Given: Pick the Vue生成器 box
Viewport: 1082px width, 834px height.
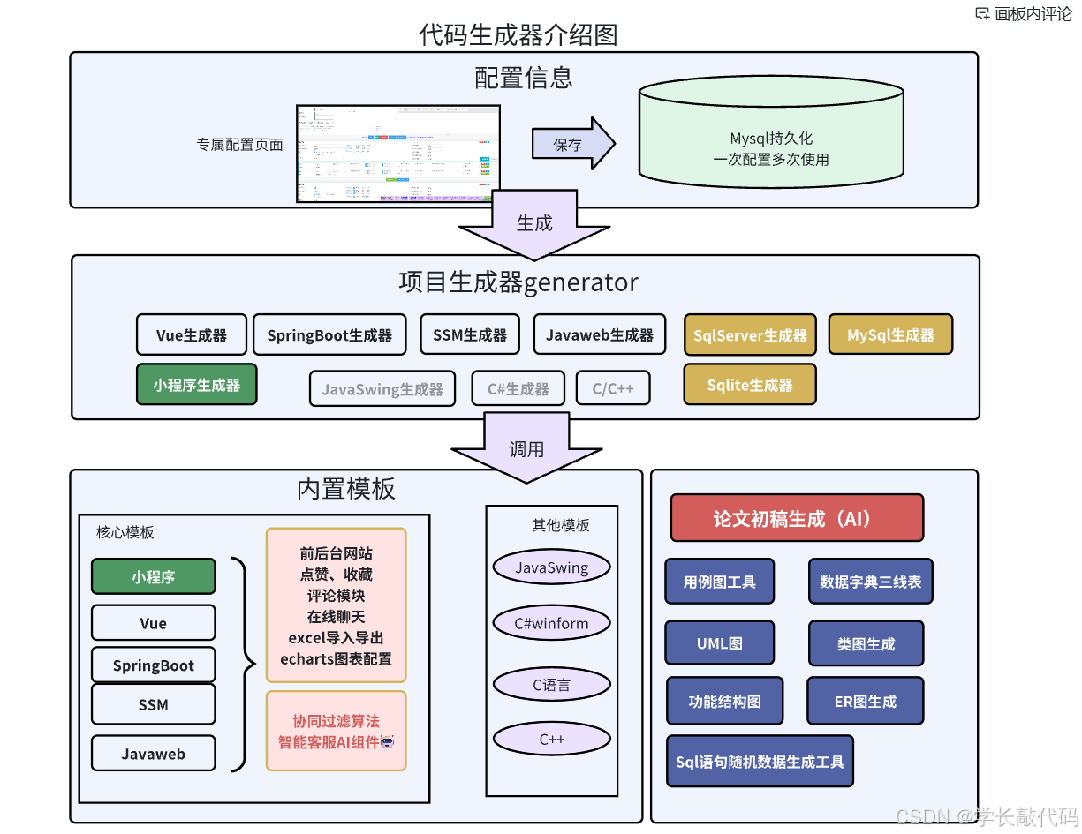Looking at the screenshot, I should [191, 335].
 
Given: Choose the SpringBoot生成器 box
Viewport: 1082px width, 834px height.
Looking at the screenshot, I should [329, 335].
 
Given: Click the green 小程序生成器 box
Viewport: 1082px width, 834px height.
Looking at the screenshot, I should [196, 385].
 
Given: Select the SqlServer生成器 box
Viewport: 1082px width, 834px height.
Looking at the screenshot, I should [750, 335].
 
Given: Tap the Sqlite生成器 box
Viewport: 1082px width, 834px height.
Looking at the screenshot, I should [749, 385].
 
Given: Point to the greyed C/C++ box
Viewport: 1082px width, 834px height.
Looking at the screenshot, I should [613, 388].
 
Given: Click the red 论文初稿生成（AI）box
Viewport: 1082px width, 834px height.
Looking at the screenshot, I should [797, 518].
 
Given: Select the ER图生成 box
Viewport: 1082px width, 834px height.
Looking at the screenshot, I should [865, 702].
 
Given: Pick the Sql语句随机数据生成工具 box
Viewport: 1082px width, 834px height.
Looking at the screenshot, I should [760, 762].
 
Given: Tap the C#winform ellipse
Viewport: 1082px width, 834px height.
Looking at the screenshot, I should [551, 624].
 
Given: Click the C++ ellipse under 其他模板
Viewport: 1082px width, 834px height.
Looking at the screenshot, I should [551, 740].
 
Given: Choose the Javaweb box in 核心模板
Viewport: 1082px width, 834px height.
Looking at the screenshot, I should [154, 754].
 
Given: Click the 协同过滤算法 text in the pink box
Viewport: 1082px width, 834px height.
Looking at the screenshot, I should [336, 721].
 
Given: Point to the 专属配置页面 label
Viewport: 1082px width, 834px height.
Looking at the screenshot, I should [239, 145].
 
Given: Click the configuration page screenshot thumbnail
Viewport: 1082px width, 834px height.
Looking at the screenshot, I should [398, 154].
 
